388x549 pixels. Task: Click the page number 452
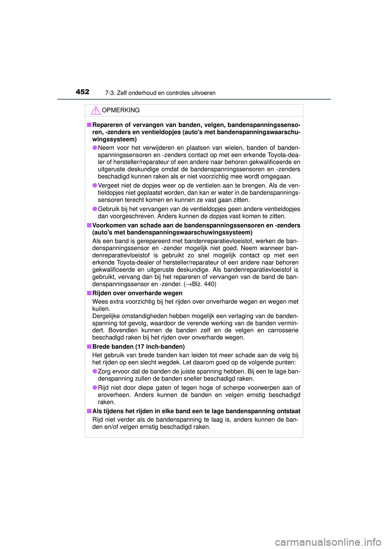coord(82,92)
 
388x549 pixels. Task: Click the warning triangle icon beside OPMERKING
coord(95,110)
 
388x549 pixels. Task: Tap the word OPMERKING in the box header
coord(121,110)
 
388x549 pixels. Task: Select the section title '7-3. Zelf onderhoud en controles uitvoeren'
coord(160,93)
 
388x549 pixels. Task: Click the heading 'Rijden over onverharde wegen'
coord(137,293)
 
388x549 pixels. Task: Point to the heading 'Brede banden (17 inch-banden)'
coord(139,346)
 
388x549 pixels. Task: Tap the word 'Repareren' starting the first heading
coord(107,125)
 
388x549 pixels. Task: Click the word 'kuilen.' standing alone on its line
coord(101,309)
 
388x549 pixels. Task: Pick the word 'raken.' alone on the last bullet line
coord(106,402)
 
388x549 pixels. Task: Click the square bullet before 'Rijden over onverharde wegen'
coord(89,293)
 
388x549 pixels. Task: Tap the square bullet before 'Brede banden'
coord(89,346)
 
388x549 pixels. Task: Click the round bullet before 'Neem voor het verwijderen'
coord(95,148)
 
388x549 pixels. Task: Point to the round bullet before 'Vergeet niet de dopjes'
coord(95,185)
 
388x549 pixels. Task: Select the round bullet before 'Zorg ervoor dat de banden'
coord(95,371)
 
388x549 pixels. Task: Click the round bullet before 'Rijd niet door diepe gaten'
coord(95,387)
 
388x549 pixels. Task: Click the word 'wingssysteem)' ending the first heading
coord(114,139)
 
